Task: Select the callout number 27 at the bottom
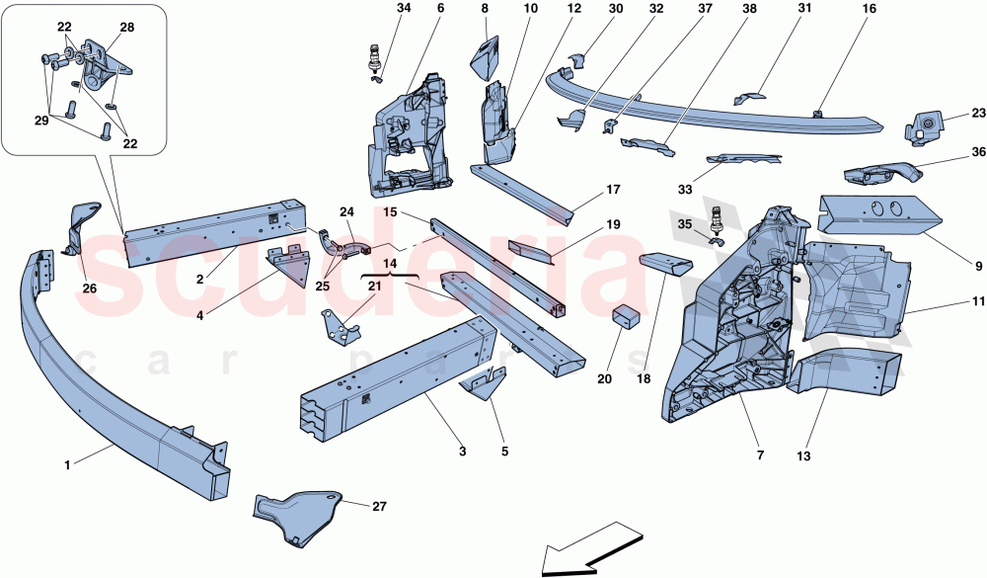(379, 506)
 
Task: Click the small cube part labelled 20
(626, 319)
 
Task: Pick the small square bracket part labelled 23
(927, 126)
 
